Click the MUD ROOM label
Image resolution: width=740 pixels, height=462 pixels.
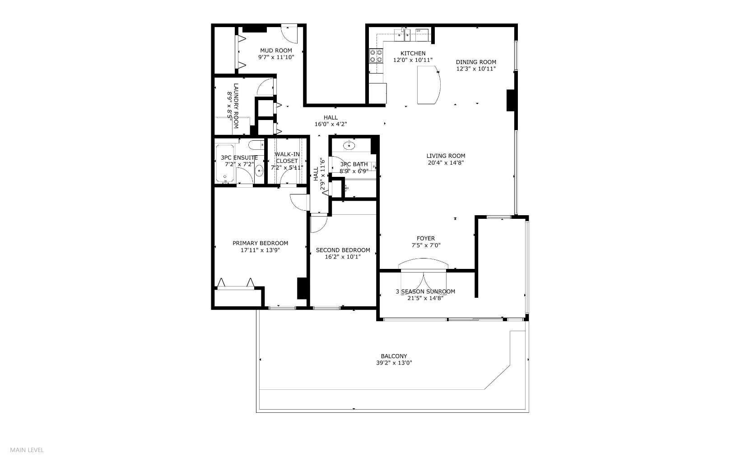[276, 51]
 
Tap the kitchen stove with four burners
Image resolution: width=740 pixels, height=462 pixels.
[376, 56]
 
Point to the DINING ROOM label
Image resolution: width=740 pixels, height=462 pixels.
[476, 62]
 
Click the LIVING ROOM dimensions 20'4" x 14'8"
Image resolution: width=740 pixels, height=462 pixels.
[446, 163]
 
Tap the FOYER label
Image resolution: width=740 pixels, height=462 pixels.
[426, 238]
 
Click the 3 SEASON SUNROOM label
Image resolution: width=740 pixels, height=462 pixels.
[425, 291]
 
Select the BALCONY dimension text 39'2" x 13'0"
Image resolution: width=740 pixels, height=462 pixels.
[394, 363]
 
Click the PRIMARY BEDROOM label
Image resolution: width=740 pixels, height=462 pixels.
[261, 243]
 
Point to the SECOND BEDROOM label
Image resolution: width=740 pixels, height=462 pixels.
[343, 250]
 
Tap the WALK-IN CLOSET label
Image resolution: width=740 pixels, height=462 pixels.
[287, 157]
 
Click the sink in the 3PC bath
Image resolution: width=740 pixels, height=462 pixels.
[349, 145]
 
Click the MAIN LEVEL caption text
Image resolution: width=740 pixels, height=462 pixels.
[27, 450]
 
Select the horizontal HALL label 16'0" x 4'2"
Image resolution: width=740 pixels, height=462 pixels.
[330, 120]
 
